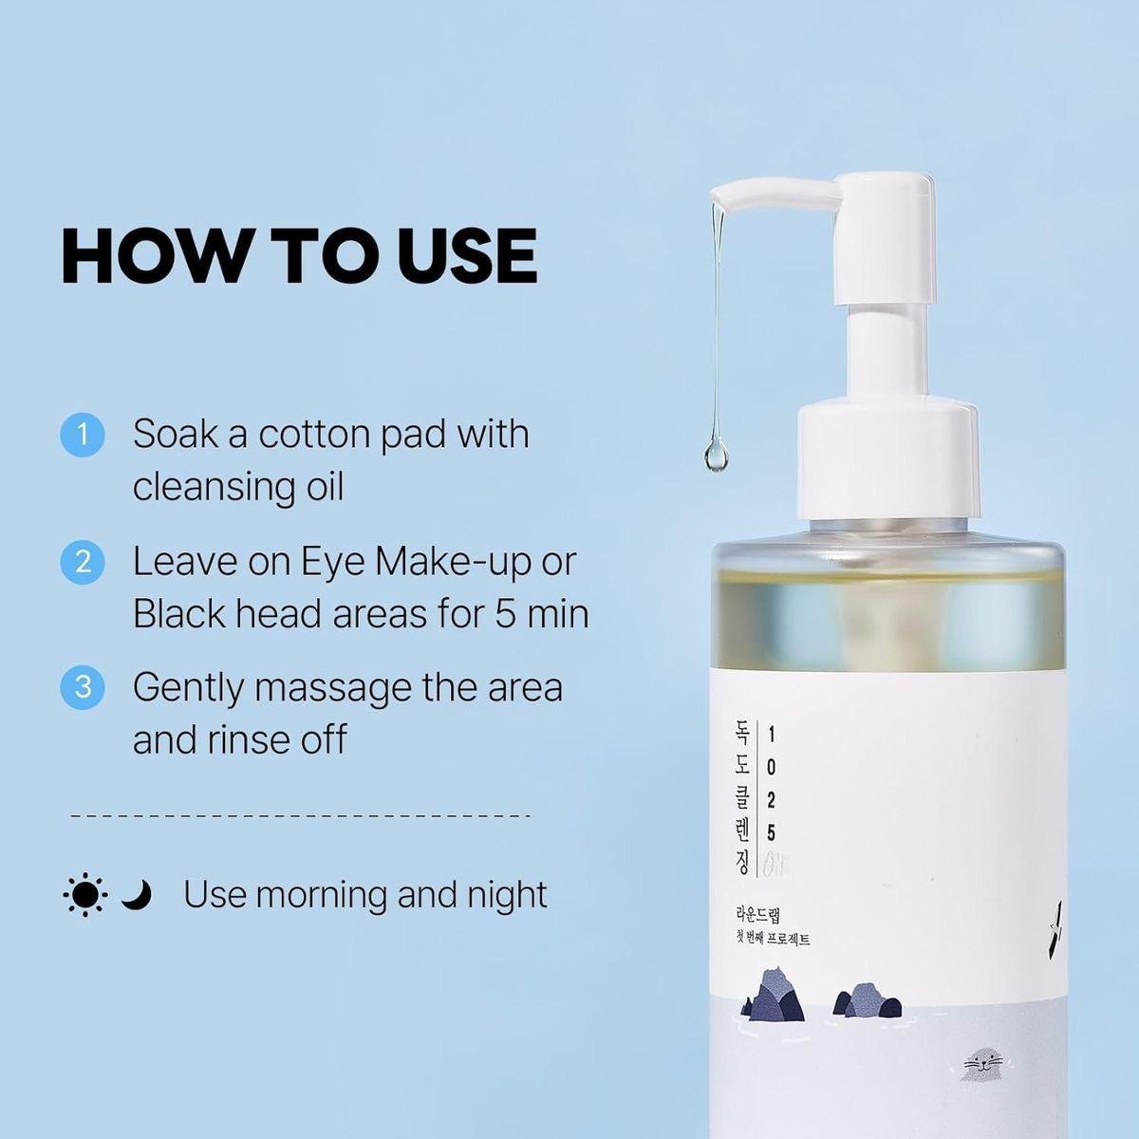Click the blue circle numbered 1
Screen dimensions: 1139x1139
(83, 435)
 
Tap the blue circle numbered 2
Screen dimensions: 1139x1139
(83, 563)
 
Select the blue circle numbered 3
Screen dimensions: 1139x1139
(83, 686)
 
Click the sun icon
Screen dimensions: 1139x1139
(84, 895)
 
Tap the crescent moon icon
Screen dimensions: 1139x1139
(138, 894)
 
